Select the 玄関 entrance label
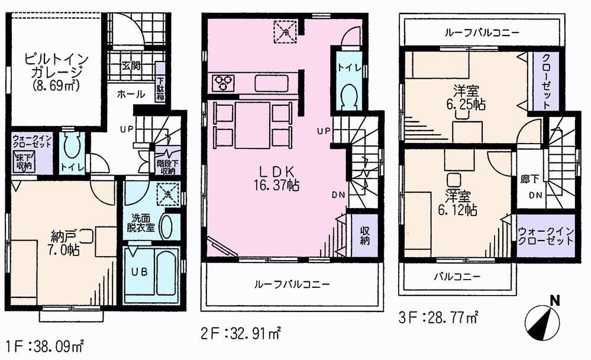tap(131, 66)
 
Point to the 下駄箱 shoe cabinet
tap(160, 89)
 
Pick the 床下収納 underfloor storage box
tap(24, 161)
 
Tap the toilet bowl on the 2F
tap(348, 96)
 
